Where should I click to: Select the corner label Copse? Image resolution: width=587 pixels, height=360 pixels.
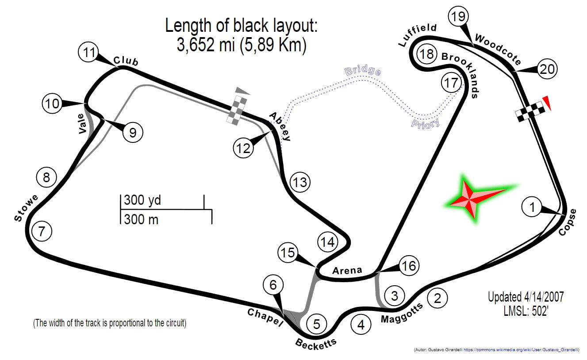click(568, 222)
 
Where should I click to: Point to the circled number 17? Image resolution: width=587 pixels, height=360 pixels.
click(451, 83)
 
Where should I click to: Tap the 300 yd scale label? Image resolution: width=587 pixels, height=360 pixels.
click(142, 200)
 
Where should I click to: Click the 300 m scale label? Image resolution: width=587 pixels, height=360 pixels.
click(141, 218)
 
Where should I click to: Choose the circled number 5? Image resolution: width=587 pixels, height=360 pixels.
click(317, 324)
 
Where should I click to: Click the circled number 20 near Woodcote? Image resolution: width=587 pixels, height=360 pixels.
click(547, 69)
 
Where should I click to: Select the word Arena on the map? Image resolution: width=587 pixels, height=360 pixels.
click(347, 270)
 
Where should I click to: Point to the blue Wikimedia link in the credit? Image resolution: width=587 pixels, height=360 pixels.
click(527, 350)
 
